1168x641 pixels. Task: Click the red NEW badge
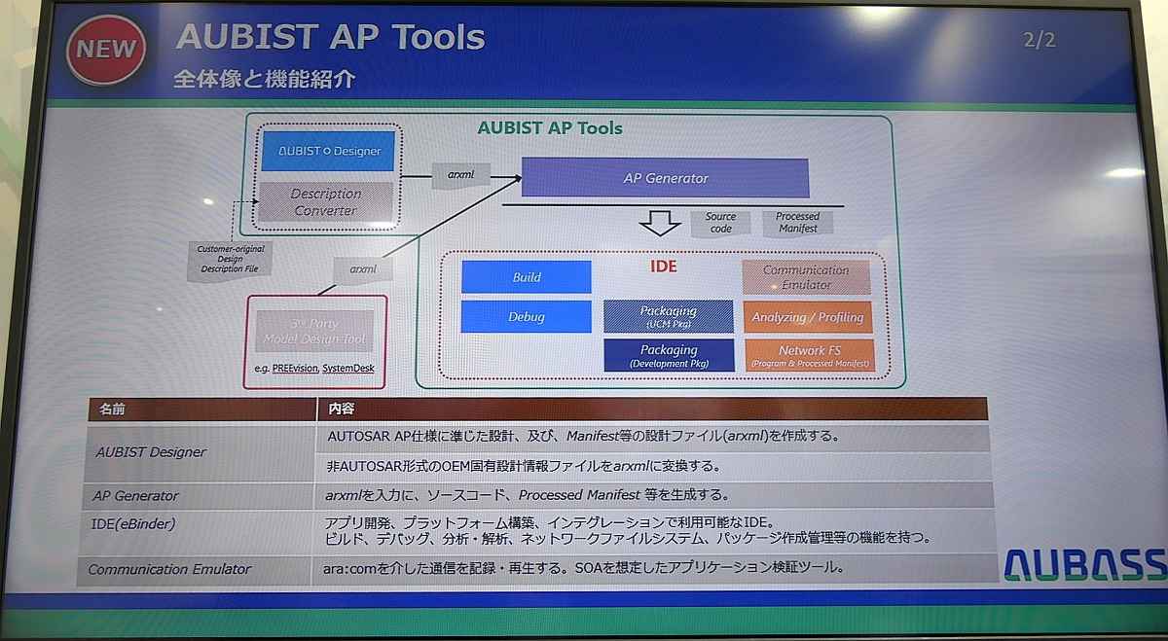tap(105, 50)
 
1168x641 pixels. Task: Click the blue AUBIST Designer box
tap(328, 151)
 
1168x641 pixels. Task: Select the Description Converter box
tap(326, 201)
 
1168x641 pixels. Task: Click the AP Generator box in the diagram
tap(665, 178)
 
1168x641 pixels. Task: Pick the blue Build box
tap(526, 277)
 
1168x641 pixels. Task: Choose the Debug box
tap(526, 317)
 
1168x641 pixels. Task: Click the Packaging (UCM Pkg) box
tap(668, 316)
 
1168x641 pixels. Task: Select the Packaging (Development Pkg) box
tap(668, 355)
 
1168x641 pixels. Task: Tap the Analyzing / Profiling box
tap(807, 317)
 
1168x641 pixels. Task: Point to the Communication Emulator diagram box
tap(805, 277)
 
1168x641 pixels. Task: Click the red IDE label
tap(663, 266)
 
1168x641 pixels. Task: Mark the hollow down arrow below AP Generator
tap(659, 224)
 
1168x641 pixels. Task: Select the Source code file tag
tap(720, 223)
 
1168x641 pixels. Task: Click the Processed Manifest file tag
tap(797, 223)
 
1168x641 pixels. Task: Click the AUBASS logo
tap(1084, 563)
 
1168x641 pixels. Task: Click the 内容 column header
tap(343, 410)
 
